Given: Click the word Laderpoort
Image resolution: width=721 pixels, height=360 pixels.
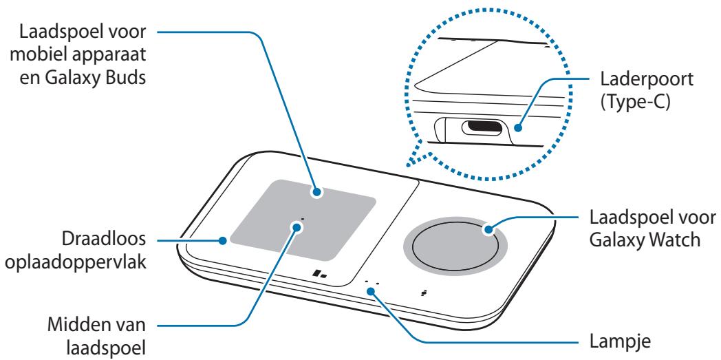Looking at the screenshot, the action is pos(646,80).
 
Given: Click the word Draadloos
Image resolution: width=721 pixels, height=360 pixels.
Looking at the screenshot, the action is pos(104,240).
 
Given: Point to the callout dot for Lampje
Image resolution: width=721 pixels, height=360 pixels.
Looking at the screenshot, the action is pos(372,290).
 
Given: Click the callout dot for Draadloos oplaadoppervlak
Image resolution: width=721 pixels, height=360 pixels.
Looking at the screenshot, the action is pos(223,240).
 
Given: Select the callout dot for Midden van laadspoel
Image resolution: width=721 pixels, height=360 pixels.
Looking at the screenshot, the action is pos(297,226).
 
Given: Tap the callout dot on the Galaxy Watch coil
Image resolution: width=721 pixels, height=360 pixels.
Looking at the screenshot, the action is pos(488,229).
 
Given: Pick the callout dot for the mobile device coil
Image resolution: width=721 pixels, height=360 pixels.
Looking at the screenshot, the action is pos(316,193).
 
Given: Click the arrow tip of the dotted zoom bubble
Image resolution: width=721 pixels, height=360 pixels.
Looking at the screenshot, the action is pos(407,164).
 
